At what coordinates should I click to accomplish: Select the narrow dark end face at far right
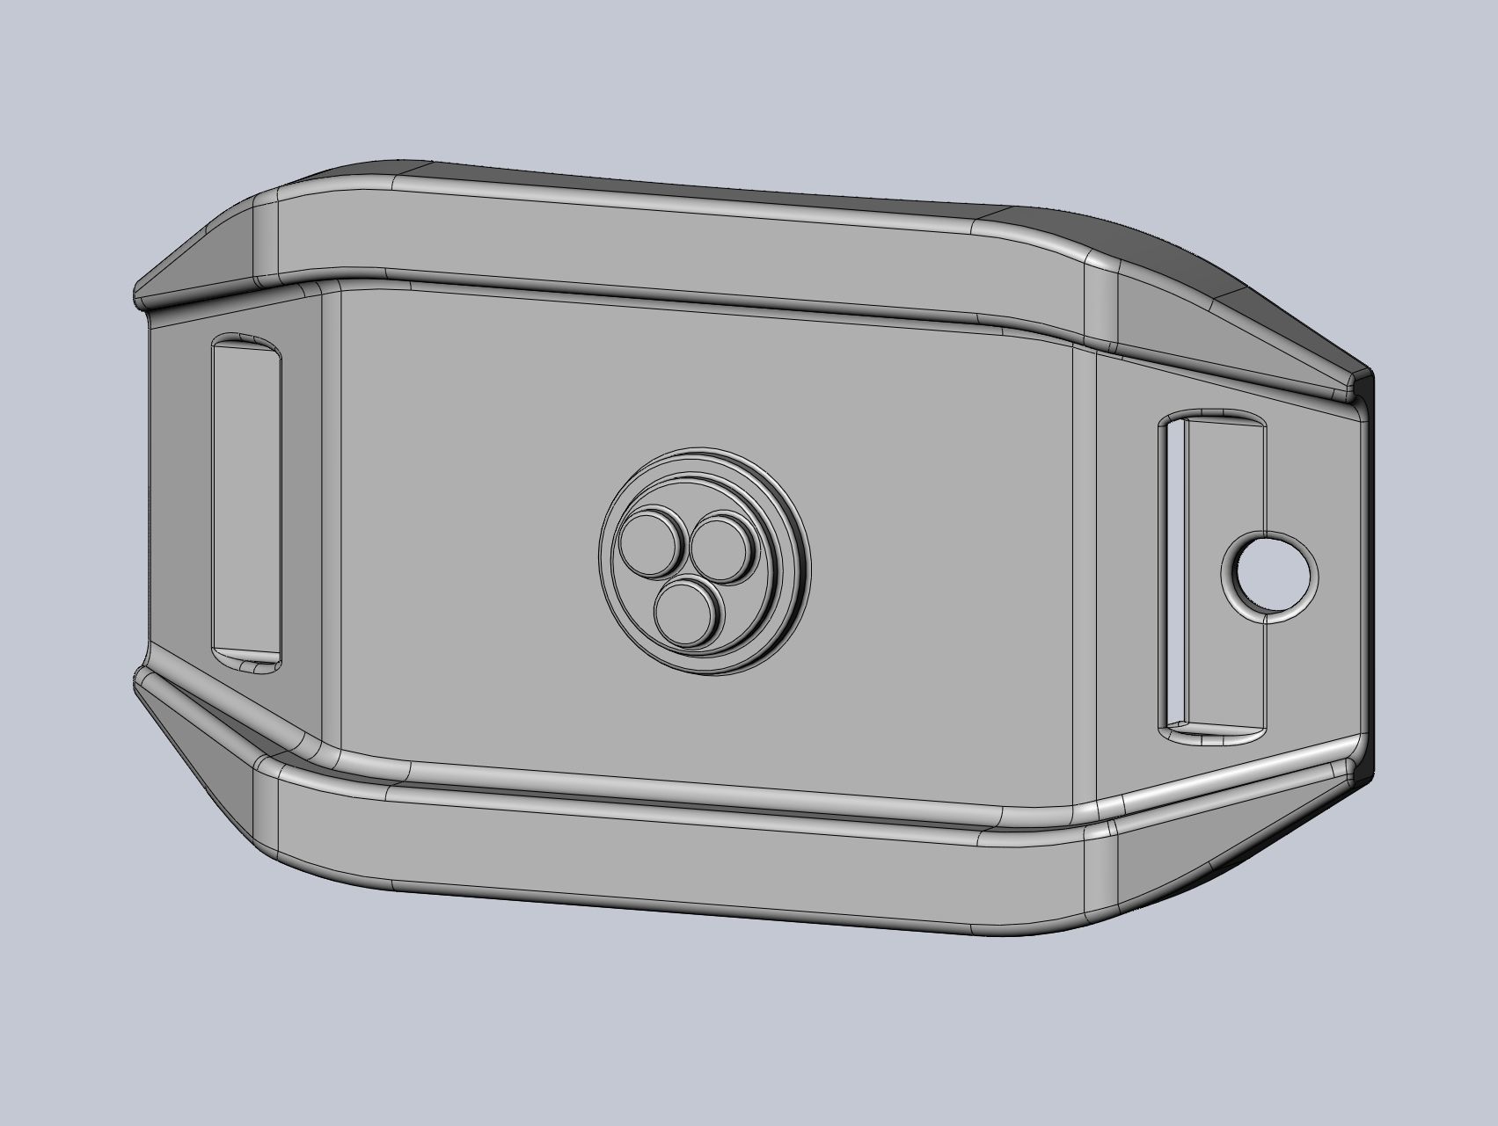pos(1364,571)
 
